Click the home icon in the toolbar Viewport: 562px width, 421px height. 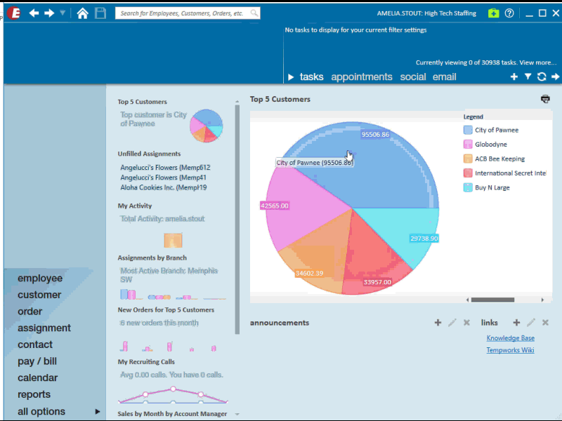(83, 13)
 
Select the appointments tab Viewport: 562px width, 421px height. (361, 77)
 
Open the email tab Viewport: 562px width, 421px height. (444, 77)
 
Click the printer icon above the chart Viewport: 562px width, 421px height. (545, 99)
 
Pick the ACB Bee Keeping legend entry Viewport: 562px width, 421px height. (499, 159)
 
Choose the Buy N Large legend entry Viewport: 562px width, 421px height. (492, 187)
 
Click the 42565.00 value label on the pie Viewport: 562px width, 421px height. (274, 206)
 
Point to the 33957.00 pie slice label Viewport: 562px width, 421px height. (377, 282)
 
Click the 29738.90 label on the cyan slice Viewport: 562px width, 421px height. (424, 239)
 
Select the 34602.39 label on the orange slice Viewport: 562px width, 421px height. (309, 273)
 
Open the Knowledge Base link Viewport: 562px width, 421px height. (510, 338)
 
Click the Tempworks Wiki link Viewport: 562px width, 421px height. (510, 350)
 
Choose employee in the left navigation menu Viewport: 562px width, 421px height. (40, 279)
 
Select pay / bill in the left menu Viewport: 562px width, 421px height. (37, 361)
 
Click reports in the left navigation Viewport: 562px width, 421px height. (34, 394)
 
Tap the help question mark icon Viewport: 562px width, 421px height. (509, 13)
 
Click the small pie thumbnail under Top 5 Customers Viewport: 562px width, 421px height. (207, 125)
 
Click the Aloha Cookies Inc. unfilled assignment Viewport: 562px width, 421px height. (163, 187)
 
